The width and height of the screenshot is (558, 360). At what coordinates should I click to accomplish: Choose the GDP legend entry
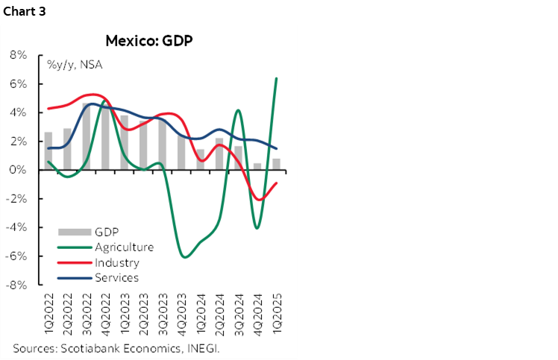pos(107,232)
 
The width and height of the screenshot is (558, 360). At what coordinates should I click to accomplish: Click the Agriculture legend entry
pos(124,247)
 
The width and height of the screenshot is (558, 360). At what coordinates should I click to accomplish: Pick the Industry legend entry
pos(116,262)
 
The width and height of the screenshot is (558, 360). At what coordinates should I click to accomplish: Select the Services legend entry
pos(116,277)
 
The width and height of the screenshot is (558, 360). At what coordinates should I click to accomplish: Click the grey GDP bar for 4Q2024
pos(257,167)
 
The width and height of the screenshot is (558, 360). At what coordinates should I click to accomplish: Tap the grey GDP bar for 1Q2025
pos(277,165)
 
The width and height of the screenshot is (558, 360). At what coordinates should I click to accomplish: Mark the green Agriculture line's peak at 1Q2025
pos(277,78)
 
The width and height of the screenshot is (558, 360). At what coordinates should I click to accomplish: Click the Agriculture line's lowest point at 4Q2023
pos(184,257)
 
